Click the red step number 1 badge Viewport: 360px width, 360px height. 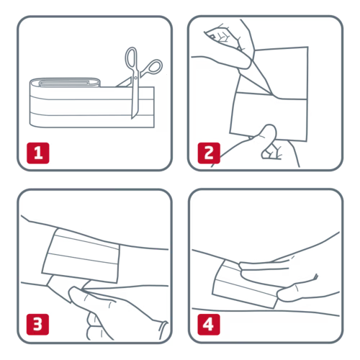pyautogui.click(x=38, y=153)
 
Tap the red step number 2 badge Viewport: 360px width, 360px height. pyautogui.click(x=209, y=153)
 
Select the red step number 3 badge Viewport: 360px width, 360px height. pyautogui.click(x=37, y=324)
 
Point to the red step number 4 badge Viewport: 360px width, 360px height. pyautogui.click(x=209, y=324)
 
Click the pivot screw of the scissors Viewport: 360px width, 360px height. pyautogui.click(x=135, y=77)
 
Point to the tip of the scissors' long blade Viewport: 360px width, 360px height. pyautogui.click(x=132, y=118)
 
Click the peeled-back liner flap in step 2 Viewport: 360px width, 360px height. pyautogui.click(x=254, y=81)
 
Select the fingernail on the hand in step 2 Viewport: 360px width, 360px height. pyautogui.click(x=212, y=37)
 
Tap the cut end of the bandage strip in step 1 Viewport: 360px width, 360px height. pyautogui.click(x=153, y=107)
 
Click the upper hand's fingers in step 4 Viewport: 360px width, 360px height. pyautogui.click(x=264, y=268)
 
